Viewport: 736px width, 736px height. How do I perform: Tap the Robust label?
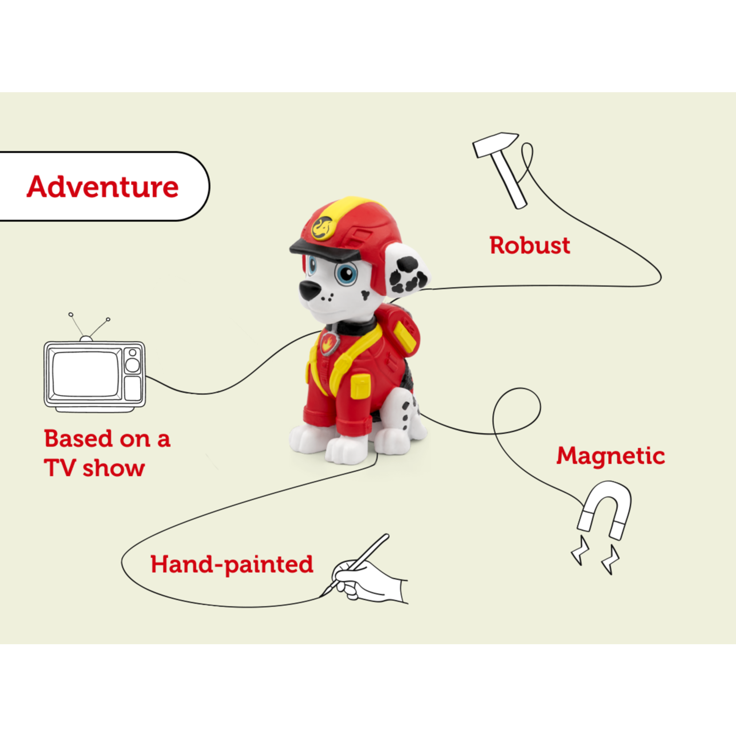click(x=530, y=245)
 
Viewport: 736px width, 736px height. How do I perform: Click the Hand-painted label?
click(x=232, y=565)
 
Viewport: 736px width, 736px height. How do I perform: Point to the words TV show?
click(x=94, y=468)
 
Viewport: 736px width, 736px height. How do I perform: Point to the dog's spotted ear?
click(x=406, y=271)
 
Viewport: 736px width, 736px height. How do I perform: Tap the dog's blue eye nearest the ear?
click(x=346, y=274)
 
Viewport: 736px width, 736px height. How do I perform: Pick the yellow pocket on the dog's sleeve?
click(x=360, y=386)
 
